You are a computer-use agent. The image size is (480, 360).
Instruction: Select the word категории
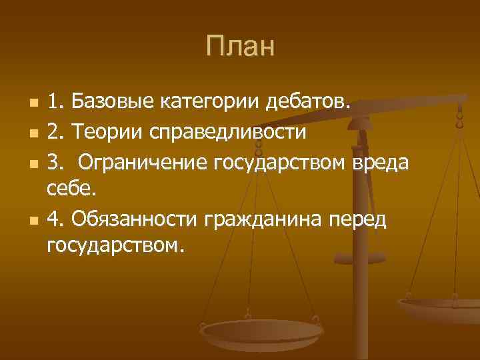tap(209, 103)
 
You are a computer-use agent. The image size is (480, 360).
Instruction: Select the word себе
tap(72, 189)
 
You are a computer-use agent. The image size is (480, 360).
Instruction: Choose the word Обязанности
tap(135, 218)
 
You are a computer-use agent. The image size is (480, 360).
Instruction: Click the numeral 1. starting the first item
tap(55, 103)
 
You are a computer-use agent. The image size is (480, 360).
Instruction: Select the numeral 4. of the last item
tap(56, 218)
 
